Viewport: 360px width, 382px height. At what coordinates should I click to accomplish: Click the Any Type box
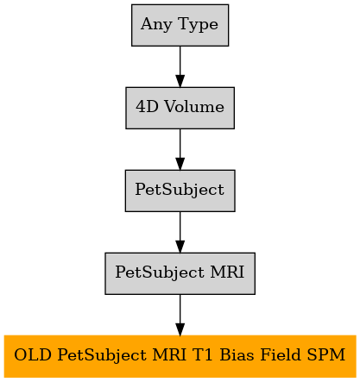180,25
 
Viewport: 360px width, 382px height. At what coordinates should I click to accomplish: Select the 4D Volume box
180,108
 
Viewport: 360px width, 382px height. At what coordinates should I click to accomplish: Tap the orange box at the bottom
180,356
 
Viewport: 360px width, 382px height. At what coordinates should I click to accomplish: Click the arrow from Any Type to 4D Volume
180,66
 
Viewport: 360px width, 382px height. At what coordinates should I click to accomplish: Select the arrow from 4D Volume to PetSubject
180,149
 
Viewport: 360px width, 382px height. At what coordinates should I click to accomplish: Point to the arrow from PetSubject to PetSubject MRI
180,232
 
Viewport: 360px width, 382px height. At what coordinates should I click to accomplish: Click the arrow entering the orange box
180,315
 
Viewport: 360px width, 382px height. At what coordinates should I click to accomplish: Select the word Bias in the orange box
237,355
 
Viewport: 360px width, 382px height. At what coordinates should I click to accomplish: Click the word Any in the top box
156,25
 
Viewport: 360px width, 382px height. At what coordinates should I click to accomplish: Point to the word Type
199,25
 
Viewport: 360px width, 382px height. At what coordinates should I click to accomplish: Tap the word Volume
194,107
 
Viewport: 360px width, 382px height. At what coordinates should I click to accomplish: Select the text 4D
147,107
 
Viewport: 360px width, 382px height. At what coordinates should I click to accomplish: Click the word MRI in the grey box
227,272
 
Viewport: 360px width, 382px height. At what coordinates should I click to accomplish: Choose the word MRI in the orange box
169,355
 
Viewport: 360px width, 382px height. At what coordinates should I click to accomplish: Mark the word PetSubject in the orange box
102,356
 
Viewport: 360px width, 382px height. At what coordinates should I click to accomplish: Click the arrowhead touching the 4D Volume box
180,81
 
